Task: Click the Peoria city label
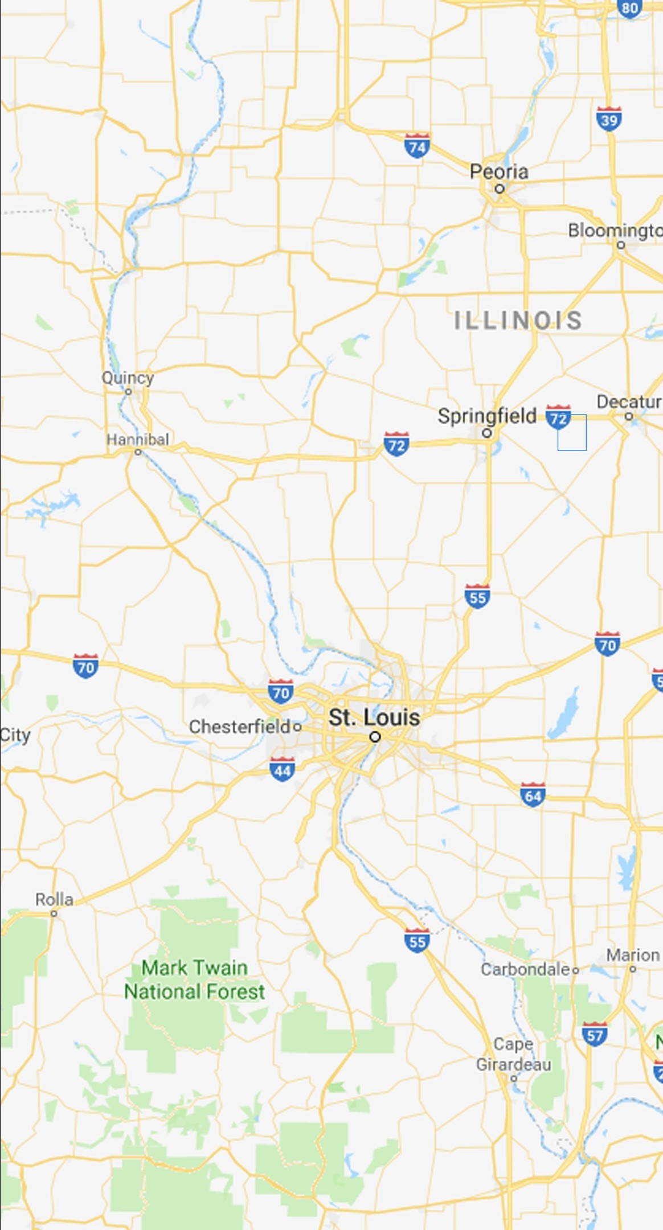coord(499,171)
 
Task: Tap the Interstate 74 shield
coord(417,146)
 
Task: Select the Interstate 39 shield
coord(609,118)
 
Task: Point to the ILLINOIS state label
coord(518,321)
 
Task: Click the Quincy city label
coord(128,378)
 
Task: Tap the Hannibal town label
coord(138,440)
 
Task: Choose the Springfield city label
coord(487,416)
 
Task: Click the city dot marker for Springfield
coord(487,433)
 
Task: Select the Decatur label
coord(629,402)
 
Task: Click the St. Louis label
coord(374,717)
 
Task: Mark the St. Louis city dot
coord(375,737)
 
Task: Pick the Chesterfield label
coord(240,727)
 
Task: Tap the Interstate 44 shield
coord(282,770)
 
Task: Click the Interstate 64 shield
coord(533,795)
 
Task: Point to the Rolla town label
coord(54,900)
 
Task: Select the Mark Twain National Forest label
coord(194,979)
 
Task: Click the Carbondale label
coord(525,969)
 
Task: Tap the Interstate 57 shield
coord(595,1034)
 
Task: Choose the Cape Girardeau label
coord(513,1054)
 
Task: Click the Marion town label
coord(633,955)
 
